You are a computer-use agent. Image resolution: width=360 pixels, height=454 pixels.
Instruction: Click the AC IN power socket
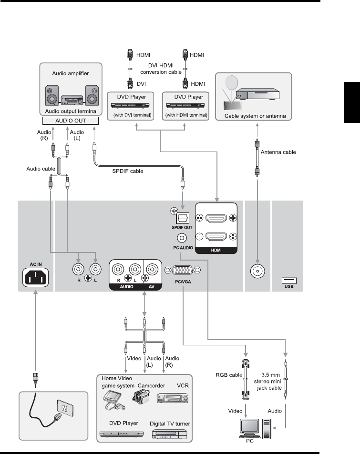[36, 277]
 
